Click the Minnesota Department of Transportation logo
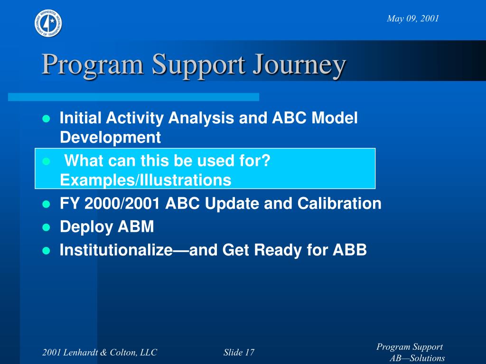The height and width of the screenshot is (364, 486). pyautogui.click(x=48, y=23)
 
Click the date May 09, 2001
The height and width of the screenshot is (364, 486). pyautogui.click(x=413, y=18)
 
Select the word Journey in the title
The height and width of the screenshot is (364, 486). pyautogui.click(x=299, y=66)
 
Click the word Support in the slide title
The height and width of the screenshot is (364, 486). pyautogui.click(x=198, y=66)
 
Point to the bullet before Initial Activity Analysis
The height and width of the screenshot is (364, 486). pyautogui.click(x=46, y=118)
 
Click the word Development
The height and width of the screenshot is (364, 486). pyautogui.click(x=110, y=137)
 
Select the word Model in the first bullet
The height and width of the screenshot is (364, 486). pyautogui.click(x=335, y=118)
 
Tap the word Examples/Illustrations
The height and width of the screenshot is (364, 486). pyautogui.click(x=146, y=180)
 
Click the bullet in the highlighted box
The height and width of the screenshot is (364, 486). pyautogui.click(x=46, y=161)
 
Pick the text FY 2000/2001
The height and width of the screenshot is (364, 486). pyautogui.click(x=110, y=203)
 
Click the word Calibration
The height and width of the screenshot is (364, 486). pyautogui.click(x=339, y=203)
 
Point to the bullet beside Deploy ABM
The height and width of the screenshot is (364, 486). pyautogui.click(x=46, y=227)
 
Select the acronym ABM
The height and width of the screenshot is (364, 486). pyautogui.click(x=136, y=227)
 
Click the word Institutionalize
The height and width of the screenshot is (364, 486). pyautogui.click(x=116, y=250)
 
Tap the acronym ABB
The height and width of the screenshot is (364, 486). pyautogui.click(x=350, y=250)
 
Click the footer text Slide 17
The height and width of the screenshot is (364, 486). pyautogui.click(x=239, y=352)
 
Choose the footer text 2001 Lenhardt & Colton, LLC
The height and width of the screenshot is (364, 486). pyautogui.click(x=100, y=352)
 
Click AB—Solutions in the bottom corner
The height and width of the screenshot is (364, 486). pyautogui.click(x=417, y=358)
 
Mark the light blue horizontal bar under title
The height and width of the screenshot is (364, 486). pyautogui.click(x=133, y=97)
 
